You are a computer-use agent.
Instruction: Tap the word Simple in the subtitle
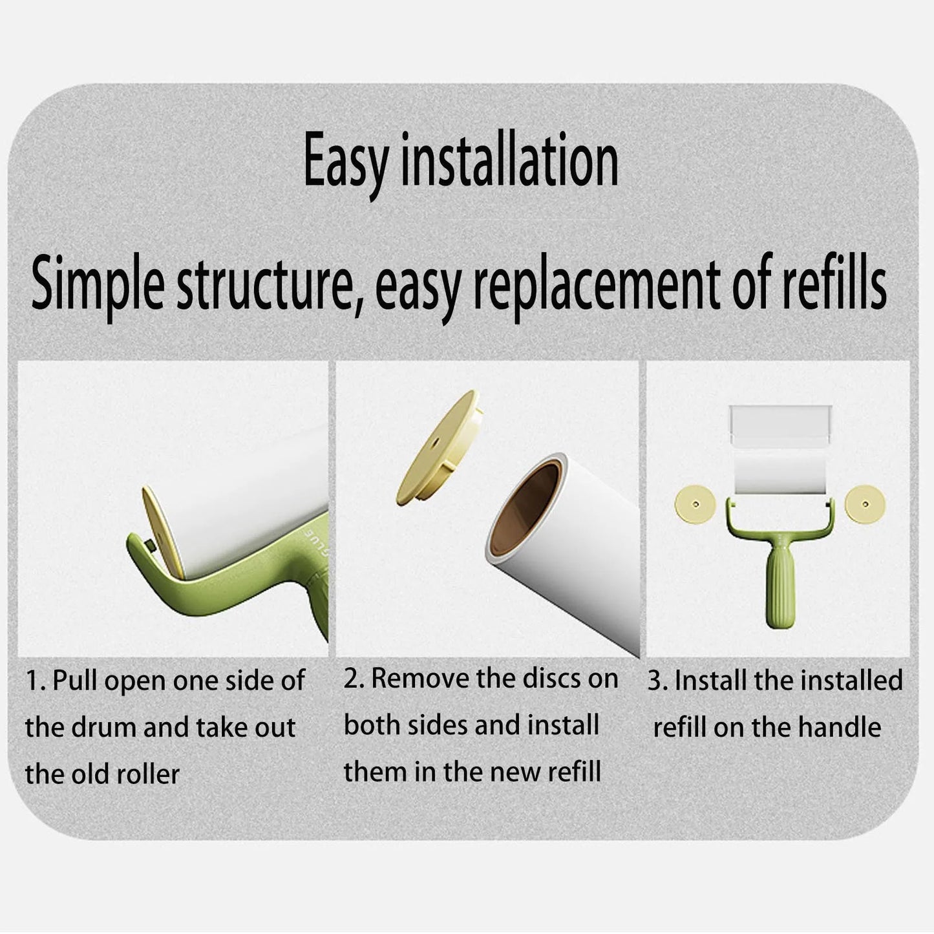tap(98, 285)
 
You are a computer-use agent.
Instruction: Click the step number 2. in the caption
tap(354, 679)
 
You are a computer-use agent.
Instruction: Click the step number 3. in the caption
tap(658, 681)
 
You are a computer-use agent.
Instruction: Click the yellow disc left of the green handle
tap(695, 505)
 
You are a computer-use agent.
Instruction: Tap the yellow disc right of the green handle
tap(865, 505)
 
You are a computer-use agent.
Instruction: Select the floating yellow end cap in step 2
tap(440, 449)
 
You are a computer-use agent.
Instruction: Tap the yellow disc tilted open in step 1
tap(163, 533)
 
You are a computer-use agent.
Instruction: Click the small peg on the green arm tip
tap(150, 546)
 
